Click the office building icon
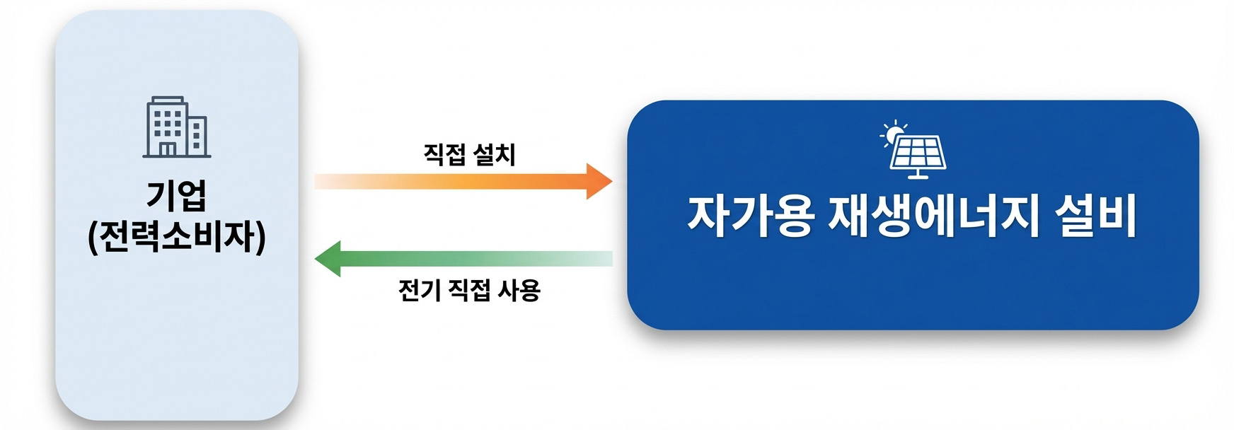(x=176, y=127)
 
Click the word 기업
(x=176, y=195)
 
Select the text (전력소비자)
(x=176, y=238)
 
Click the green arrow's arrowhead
(x=328, y=259)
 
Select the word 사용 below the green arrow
(x=519, y=289)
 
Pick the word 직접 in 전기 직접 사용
(x=467, y=289)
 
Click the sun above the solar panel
(x=894, y=132)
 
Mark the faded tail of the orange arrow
(x=333, y=181)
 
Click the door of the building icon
(x=167, y=149)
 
